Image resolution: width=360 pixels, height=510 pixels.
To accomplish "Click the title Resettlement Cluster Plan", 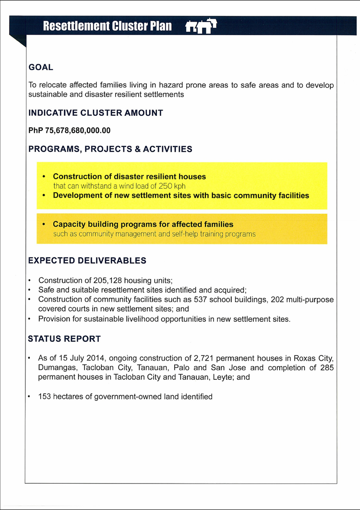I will (107, 26).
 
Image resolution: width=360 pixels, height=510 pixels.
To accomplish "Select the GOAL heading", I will (41, 68).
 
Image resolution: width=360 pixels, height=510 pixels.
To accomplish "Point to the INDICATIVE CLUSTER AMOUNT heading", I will (96, 113).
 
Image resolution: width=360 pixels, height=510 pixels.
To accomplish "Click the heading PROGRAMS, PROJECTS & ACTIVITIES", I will (110, 149).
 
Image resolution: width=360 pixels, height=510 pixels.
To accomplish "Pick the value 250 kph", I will (172, 186).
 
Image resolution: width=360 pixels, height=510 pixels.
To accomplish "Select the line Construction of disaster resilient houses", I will (129, 177).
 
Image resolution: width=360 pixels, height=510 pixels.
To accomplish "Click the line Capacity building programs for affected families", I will (143, 224).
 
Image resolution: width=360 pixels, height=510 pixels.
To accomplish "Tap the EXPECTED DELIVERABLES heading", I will (87, 261).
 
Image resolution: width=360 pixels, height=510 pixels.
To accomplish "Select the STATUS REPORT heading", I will (64, 339).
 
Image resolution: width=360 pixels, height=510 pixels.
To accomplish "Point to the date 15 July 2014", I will (77, 359).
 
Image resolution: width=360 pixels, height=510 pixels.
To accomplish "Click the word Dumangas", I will (57, 368).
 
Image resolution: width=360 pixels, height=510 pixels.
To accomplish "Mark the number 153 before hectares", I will (45, 397).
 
